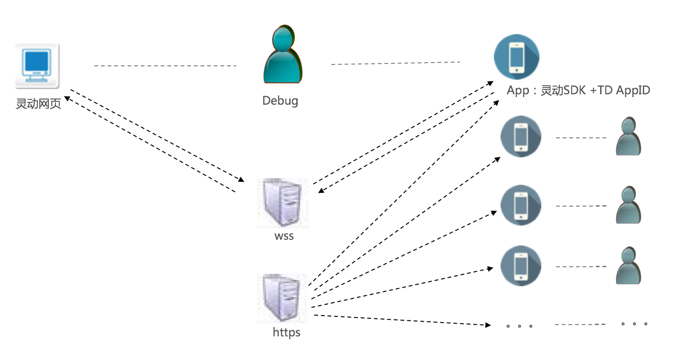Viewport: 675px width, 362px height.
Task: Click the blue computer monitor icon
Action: pos(37,66)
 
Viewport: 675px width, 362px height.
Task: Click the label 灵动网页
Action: pos(38,104)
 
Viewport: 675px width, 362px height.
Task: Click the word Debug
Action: pos(280,101)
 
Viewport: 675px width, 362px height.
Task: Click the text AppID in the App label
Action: pos(633,90)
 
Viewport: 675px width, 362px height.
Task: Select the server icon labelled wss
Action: pos(282,203)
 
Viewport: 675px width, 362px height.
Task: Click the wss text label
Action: pos(284,235)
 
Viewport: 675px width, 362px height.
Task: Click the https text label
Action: pos(286,332)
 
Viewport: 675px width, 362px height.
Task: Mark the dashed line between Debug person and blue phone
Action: pos(395,63)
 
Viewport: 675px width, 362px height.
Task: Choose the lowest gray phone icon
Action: pos(521,266)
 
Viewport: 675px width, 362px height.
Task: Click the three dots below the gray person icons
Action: pos(634,324)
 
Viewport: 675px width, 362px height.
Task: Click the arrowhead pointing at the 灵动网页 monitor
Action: pos(68,98)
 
